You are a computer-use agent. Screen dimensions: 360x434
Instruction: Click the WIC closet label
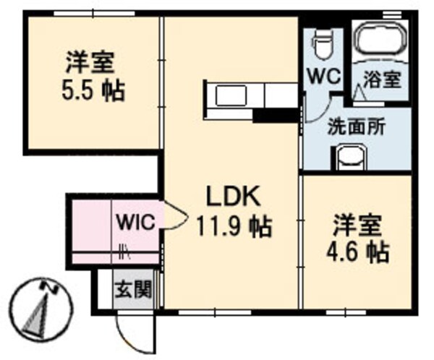point(135,222)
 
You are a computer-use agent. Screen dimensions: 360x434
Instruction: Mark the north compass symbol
point(41,307)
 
